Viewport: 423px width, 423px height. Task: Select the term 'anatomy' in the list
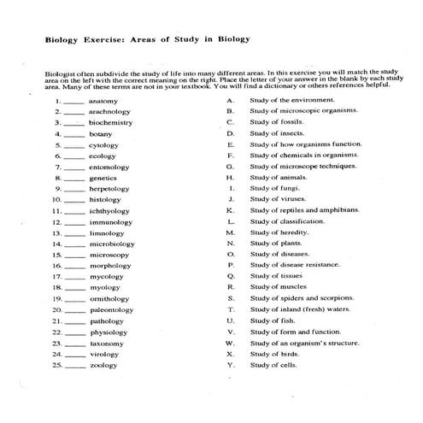[103, 101]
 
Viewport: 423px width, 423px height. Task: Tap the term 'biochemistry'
[110, 123]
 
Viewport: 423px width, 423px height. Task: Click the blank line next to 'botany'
[73, 135]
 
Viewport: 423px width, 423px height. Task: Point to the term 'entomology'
[109, 167]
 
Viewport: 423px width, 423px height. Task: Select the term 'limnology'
[107, 232]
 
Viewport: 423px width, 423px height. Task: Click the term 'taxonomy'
[107, 344]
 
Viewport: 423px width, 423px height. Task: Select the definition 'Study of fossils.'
[278, 123]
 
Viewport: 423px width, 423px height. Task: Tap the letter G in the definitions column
[230, 167]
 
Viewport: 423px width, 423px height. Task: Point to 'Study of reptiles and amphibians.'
[303, 210]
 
